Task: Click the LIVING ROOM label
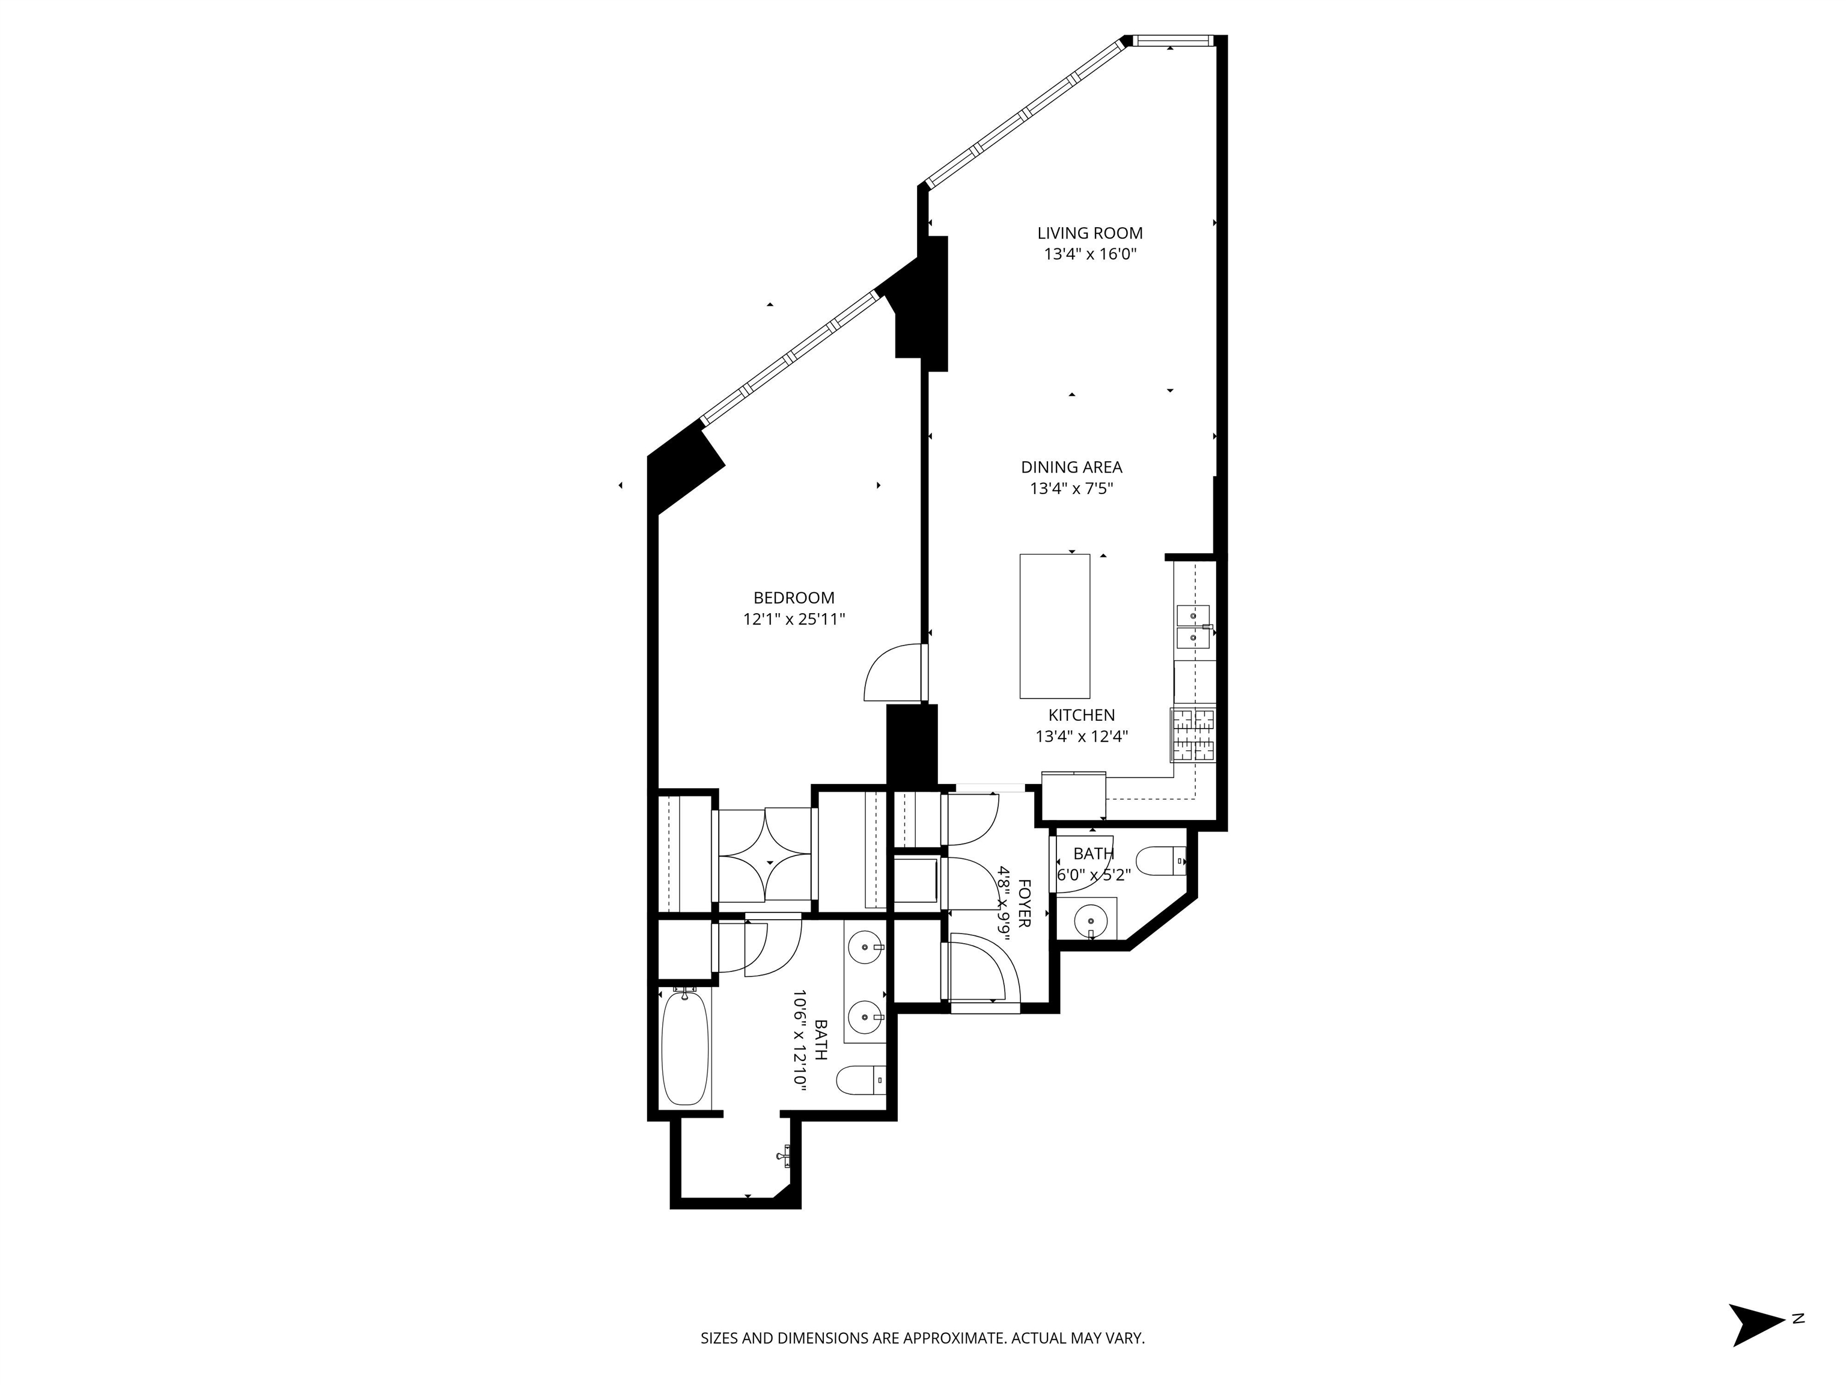[x=1090, y=234]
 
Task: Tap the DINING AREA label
[x=1071, y=468]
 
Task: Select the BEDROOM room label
[x=794, y=598]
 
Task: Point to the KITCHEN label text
[x=1082, y=715]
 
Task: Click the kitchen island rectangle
[x=1055, y=626]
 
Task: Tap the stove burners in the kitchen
[x=1193, y=735]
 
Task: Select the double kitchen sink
[x=1193, y=627]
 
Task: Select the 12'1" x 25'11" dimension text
[x=794, y=619]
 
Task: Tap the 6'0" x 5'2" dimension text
[x=1093, y=875]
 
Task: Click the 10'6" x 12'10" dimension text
[x=799, y=1039]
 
